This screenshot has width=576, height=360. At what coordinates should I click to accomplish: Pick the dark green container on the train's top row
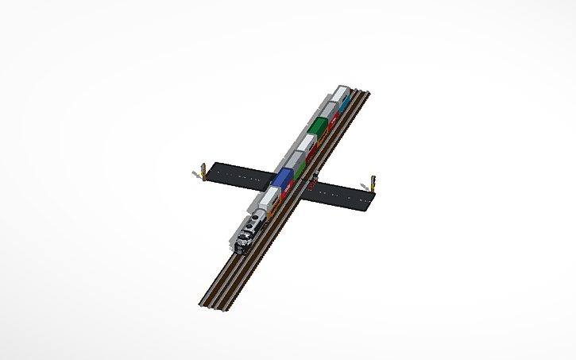(x=319, y=126)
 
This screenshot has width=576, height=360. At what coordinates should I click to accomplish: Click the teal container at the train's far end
(x=345, y=102)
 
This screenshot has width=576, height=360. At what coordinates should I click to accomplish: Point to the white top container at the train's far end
(x=340, y=92)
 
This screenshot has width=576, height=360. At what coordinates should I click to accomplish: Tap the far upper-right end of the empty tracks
(x=367, y=94)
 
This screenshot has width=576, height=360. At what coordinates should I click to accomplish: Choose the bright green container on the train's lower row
(x=298, y=176)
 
